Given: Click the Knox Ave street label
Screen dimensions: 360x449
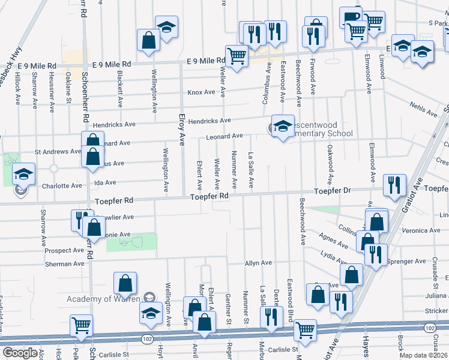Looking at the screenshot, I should [x=201, y=92].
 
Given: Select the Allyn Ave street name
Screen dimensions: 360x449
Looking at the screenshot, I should [x=258, y=263].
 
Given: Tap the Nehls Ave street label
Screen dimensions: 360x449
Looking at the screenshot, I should [x=424, y=109].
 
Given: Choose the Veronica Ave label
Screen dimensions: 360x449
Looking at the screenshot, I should [x=421, y=230].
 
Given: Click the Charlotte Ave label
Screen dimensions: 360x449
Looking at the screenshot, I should [x=62, y=186].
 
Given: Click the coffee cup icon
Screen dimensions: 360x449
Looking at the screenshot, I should [x=351, y=17].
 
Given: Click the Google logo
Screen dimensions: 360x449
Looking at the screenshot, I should [x=19, y=353].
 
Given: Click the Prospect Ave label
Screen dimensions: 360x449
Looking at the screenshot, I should [x=65, y=250].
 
